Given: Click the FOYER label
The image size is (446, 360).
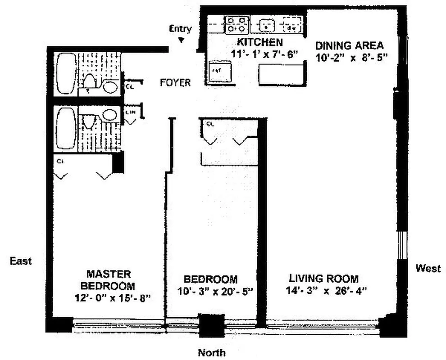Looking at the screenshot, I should [x=175, y=83].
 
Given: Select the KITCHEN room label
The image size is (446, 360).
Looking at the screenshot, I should [x=260, y=43].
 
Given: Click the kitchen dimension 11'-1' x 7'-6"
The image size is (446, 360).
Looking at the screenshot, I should [x=259, y=54].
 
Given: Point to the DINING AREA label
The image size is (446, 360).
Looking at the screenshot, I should [x=349, y=45].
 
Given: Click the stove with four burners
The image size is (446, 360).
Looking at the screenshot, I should [x=237, y=24].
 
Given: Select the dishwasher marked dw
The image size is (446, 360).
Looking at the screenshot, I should [x=291, y=25].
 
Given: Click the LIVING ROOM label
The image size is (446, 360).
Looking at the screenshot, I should [x=323, y=278].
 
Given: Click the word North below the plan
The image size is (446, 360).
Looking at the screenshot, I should [x=212, y=352].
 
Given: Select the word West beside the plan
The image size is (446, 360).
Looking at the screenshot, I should [x=428, y=269].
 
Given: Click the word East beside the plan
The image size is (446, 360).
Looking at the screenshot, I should [x=21, y=261].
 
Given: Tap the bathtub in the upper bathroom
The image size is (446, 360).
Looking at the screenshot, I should [x=66, y=72].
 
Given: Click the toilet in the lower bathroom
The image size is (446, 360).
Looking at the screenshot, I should [x=89, y=122].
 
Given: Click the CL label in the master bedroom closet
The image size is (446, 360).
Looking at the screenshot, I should [x=59, y=160].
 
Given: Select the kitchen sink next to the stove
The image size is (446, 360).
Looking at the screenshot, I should [x=266, y=25].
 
